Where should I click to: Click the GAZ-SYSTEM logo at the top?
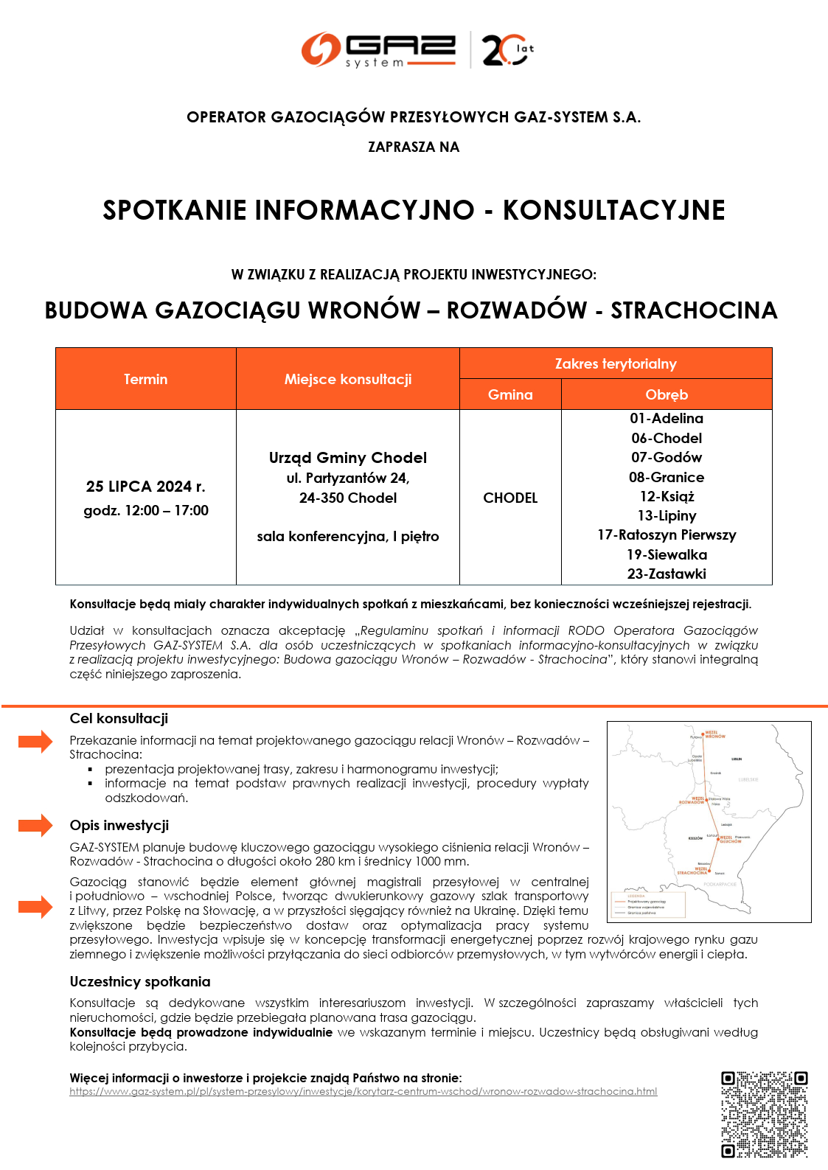(x=378, y=50)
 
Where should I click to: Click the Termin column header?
(x=145, y=379)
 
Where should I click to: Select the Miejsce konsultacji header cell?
(x=348, y=379)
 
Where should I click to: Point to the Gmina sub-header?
(x=510, y=394)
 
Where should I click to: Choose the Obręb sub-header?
(x=667, y=394)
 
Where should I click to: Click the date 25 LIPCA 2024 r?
(x=146, y=487)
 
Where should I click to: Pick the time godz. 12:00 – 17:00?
(x=146, y=510)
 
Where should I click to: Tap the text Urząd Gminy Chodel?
(x=348, y=458)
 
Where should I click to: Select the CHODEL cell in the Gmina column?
(x=510, y=498)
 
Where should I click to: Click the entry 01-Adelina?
(x=667, y=419)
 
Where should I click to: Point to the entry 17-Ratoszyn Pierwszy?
(x=667, y=535)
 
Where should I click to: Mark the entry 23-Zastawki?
(x=667, y=574)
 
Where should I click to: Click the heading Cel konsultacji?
(x=119, y=719)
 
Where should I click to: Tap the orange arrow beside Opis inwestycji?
(x=35, y=825)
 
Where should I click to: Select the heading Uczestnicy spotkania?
(x=140, y=981)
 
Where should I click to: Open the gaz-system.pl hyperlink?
(x=363, y=1091)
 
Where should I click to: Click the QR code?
(x=764, y=1114)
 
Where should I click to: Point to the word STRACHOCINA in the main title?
(x=694, y=310)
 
